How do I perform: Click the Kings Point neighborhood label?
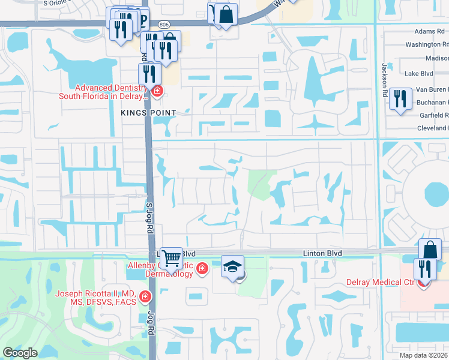pyautogui.click(x=148, y=113)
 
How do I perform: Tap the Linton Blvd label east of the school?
pyautogui.click(x=322, y=254)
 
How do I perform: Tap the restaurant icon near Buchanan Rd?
pyautogui.click(x=400, y=99)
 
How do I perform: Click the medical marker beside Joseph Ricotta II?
pyautogui.click(x=145, y=297)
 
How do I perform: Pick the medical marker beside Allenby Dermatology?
pyautogui.click(x=202, y=268)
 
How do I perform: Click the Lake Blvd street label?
pyautogui.click(x=418, y=74)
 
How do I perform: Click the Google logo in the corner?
pyautogui.click(x=20, y=353)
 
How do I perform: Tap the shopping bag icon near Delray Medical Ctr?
pyautogui.click(x=430, y=249)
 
